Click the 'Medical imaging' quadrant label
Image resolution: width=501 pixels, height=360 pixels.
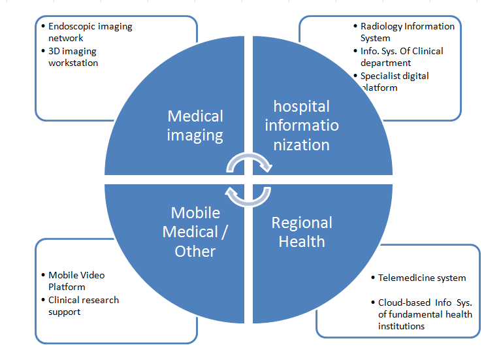click(x=195, y=126)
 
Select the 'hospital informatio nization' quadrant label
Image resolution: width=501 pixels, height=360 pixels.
click(x=301, y=125)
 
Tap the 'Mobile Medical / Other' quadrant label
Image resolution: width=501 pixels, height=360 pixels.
click(x=195, y=232)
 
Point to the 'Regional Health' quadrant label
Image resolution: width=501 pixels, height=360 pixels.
click(x=302, y=232)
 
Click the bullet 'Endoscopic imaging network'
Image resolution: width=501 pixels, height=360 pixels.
click(x=90, y=32)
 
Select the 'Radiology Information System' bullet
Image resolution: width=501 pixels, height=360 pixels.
click(x=407, y=32)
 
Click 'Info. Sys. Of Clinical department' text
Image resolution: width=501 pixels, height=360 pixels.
click(x=401, y=57)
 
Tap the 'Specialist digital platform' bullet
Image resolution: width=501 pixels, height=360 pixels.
click(x=395, y=82)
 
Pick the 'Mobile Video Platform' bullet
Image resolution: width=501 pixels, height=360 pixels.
click(x=76, y=281)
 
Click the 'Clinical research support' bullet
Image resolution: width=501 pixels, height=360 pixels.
click(x=84, y=306)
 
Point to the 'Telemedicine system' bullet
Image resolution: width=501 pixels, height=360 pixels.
click(x=422, y=278)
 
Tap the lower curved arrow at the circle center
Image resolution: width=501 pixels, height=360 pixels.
click(x=248, y=195)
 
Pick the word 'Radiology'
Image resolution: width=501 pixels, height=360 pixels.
click(x=380, y=26)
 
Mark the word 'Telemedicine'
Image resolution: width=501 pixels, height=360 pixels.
click(x=406, y=278)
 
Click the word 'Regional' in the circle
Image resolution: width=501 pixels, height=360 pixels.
click(x=302, y=223)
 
